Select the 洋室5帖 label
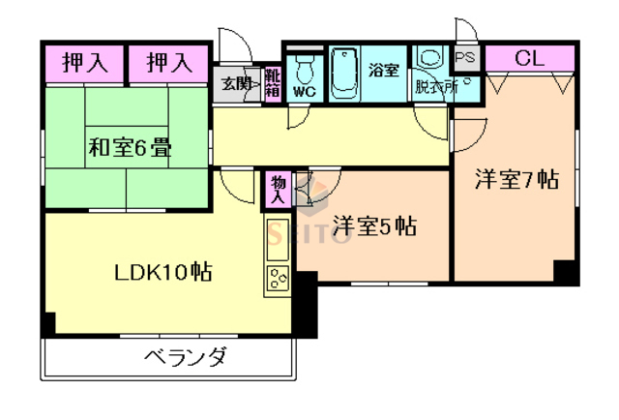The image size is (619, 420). [374, 226]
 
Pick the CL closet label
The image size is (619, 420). [529, 58]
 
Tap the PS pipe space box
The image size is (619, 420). [465, 58]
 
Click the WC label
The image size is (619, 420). [304, 92]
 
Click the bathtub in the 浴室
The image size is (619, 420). [344, 73]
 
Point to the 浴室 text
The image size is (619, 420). [384, 69]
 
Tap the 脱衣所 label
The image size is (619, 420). [434, 87]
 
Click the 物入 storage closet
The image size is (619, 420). [278, 189]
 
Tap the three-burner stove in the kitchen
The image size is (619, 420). [278, 280]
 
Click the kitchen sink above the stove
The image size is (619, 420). [275, 238]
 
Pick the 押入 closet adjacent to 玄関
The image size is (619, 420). [169, 64]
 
